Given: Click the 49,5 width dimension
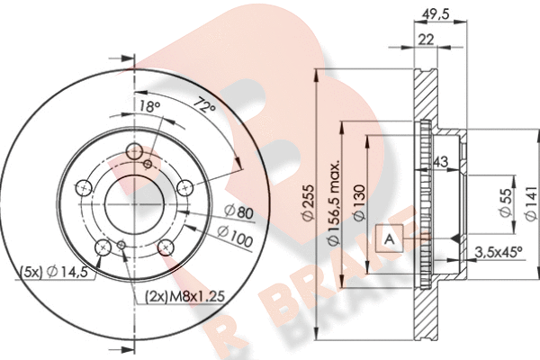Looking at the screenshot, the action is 435,14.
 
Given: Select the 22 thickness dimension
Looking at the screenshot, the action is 426,40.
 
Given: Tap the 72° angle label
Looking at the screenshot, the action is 204,105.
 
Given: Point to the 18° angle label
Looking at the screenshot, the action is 149,106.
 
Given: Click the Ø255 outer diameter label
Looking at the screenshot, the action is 308,202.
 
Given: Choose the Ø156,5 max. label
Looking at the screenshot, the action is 334,202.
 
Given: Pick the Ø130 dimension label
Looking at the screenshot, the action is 359,203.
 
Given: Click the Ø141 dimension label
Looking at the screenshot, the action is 531,202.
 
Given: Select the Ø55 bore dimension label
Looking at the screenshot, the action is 506,202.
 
